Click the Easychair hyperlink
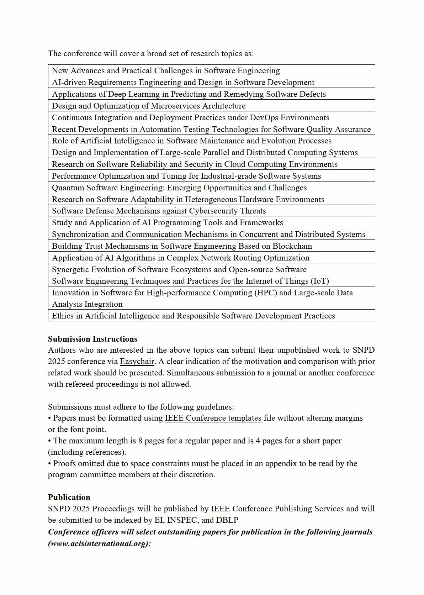click(x=137, y=362)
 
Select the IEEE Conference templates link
click(x=213, y=418)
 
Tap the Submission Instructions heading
click(x=92, y=339)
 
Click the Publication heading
click(x=69, y=497)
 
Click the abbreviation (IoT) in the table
click(x=320, y=281)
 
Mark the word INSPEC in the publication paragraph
click(x=181, y=520)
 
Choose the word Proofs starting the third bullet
click(x=64, y=464)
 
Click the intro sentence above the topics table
click(x=151, y=54)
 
